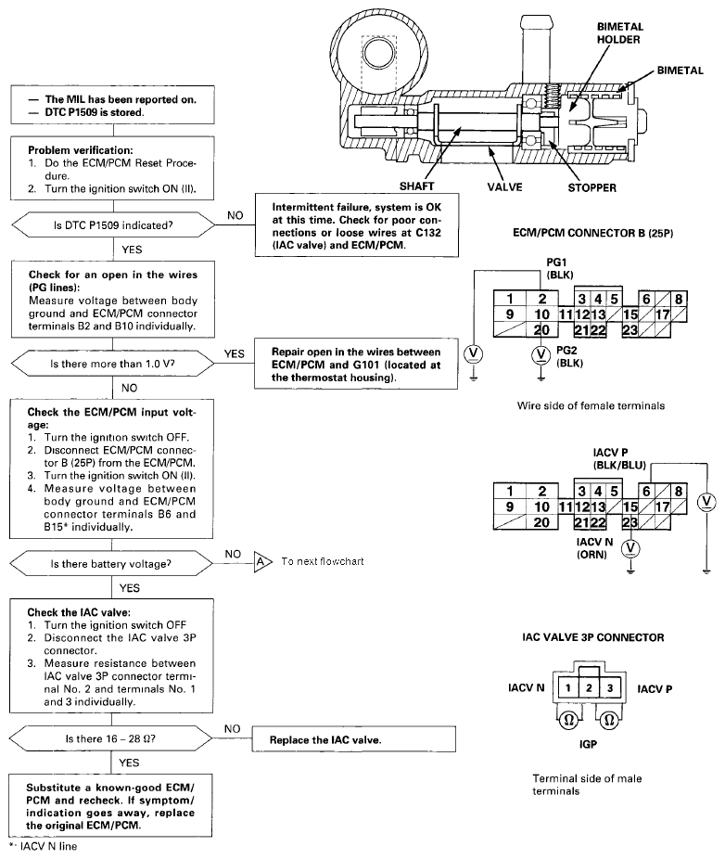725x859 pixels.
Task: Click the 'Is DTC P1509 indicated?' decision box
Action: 113,225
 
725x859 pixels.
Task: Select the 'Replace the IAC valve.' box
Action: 354,739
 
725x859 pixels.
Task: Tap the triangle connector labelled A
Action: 262,561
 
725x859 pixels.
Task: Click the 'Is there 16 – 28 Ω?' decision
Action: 111,738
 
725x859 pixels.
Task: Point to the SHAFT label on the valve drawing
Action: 416,186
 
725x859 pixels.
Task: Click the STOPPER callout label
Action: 591,188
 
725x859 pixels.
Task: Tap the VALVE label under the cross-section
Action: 505,186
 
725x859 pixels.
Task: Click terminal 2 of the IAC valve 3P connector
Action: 589,688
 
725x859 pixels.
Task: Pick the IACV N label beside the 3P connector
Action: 527,687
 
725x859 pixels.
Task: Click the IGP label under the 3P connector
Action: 588,744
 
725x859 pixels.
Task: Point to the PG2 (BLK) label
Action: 570,356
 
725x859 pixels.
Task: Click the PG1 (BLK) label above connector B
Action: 560,268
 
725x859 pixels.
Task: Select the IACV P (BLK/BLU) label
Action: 619,459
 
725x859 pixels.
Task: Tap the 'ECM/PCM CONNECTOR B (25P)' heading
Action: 593,233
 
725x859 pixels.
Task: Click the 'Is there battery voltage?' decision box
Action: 111,564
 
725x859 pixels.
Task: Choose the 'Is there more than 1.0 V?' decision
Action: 113,364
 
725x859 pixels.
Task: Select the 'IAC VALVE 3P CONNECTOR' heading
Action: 593,637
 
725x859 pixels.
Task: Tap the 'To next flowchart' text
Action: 323,561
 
